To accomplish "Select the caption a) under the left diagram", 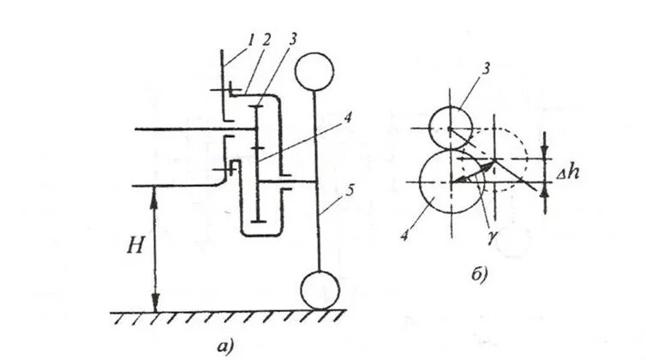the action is click(x=225, y=346).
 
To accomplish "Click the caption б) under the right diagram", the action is click(x=479, y=274).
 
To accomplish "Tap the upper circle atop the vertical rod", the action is click(x=317, y=70).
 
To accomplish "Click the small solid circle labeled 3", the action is click(x=448, y=128).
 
